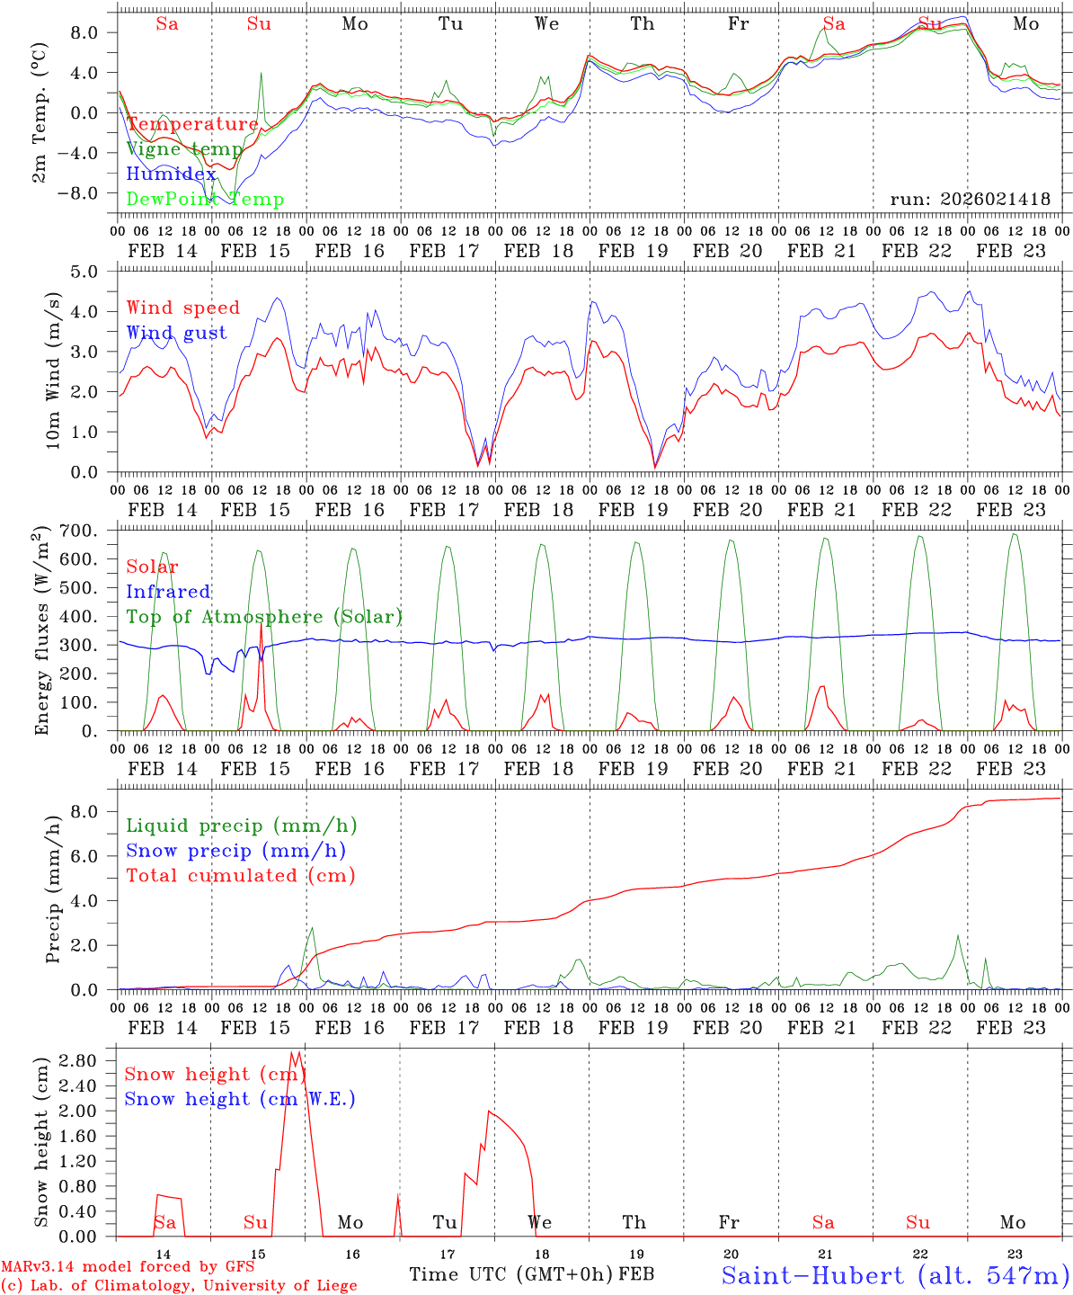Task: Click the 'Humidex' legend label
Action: pyautogui.click(x=171, y=174)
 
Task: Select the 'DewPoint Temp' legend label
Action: pyautogui.click(x=205, y=200)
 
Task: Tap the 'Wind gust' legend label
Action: pyautogui.click(x=176, y=334)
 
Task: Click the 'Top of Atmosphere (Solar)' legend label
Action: pyautogui.click(x=264, y=617)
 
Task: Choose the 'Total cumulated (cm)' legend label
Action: pyautogui.click(x=241, y=876)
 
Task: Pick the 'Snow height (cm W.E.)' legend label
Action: pyautogui.click(x=240, y=1099)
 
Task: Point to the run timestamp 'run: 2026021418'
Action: pyautogui.click(x=970, y=200)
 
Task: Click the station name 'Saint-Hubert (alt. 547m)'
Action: pyautogui.click(x=894, y=1275)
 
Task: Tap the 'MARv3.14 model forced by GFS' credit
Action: pyautogui.click(x=127, y=1267)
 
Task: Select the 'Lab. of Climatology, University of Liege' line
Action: pyautogui.click(x=179, y=1286)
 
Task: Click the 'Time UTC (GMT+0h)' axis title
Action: pyautogui.click(x=510, y=1274)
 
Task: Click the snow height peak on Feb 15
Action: pyautogui.click(x=293, y=1052)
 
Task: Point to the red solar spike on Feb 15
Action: pyautogui.click(x=261, y=624)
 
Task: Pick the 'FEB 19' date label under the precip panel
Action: pyautogui.click(x=634, y=1028)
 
